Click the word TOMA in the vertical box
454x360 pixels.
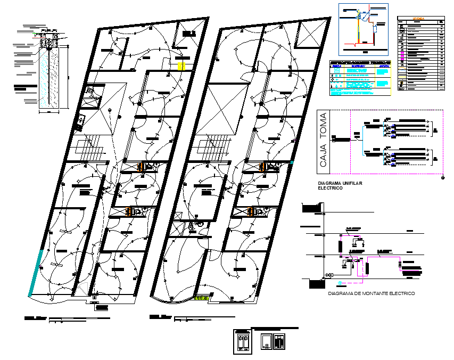pyautogui.click(x=323, y=128)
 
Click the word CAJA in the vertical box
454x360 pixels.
pyautogui.click(x=323, y=158)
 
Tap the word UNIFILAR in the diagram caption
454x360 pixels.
pyautogui.click(x=350, y=183)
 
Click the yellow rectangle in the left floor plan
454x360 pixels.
pyautogui.click(x=181, y=66)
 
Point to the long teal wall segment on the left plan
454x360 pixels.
pyautogui.click(x=36, y=271)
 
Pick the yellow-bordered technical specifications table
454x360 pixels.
pyautogui.click(x=360, y=78)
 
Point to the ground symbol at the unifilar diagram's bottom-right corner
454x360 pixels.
pyautogui.click(x=443, y=178)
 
